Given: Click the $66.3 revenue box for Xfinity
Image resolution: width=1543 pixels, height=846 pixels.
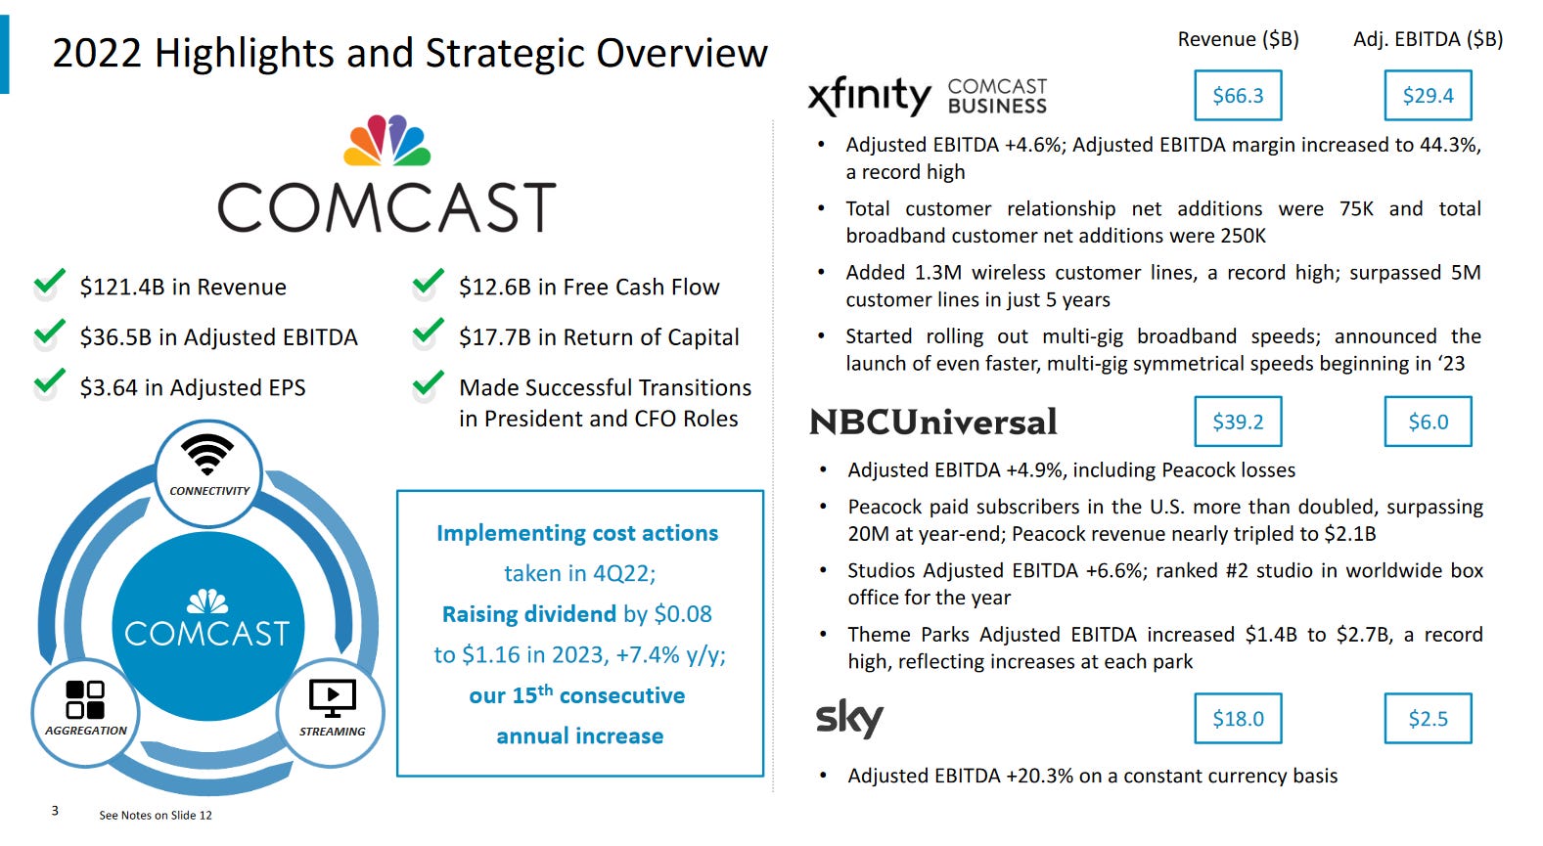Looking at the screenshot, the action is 1238,95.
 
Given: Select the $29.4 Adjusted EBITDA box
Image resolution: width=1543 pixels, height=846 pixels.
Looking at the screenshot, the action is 1428,95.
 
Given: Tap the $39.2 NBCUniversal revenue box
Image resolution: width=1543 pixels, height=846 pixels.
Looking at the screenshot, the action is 1238,422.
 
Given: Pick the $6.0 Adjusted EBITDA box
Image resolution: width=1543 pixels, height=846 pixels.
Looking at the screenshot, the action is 1428,422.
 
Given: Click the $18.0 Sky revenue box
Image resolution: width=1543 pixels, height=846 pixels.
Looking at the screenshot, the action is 1238,719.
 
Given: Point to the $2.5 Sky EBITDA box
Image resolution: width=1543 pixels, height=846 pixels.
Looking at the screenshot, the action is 1428,719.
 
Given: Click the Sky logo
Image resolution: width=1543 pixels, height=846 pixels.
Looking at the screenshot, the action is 849,720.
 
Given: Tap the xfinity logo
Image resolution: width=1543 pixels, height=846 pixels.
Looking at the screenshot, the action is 869,97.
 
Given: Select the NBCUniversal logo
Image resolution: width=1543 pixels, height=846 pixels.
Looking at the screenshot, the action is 932,422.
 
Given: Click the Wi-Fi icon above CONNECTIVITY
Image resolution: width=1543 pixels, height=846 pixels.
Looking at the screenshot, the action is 206,455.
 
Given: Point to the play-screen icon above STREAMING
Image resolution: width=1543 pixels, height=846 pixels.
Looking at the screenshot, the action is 333,698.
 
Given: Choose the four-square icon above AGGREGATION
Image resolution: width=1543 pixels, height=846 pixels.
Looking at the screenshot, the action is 85,699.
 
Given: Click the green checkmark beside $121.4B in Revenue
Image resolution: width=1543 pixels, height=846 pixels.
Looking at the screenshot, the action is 50,282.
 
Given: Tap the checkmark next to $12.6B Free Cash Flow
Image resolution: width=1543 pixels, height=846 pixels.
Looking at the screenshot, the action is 429,282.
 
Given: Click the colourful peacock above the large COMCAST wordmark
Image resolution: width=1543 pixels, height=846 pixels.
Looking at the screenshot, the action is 387,140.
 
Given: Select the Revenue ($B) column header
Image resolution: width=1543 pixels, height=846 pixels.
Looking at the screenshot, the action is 1238,39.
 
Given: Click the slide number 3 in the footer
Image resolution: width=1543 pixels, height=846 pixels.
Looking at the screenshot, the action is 55,811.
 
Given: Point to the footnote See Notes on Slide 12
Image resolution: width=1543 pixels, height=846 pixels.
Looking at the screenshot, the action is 156,815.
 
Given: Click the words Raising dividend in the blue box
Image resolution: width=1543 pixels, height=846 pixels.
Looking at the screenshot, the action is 529,614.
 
